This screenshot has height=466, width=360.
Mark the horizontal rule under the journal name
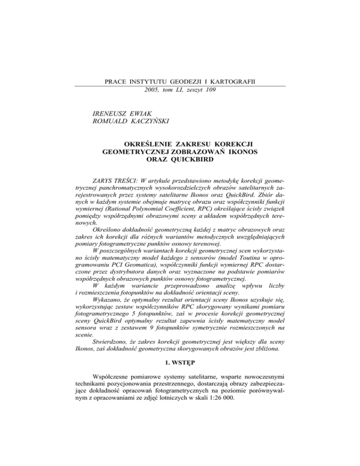click(180, 86)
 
